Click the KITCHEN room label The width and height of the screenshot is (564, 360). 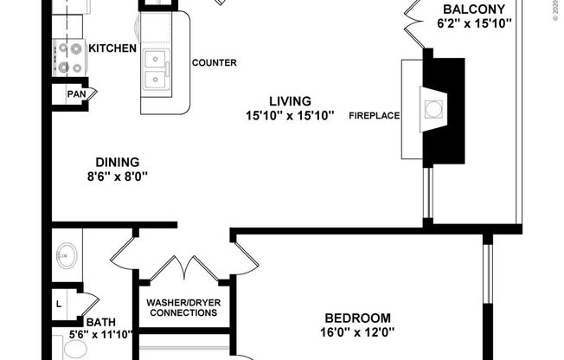click(x=112, y=48)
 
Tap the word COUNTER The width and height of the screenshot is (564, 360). click(x=215, y=63)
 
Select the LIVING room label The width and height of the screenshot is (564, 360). click(x=289, y=101)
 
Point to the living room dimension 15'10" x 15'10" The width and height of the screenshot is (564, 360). click(x=289, y=116)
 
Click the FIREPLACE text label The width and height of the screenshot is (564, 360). click(x=374, y=115)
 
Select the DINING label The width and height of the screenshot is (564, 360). click(x=116, y=161)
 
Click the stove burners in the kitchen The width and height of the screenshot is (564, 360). click(x=67, y=58)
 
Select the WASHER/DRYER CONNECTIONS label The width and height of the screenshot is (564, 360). click(x=183, y=307)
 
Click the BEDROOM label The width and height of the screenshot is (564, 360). click(x=357, y=318)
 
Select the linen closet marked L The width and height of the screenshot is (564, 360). click(x=59, y=304)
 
